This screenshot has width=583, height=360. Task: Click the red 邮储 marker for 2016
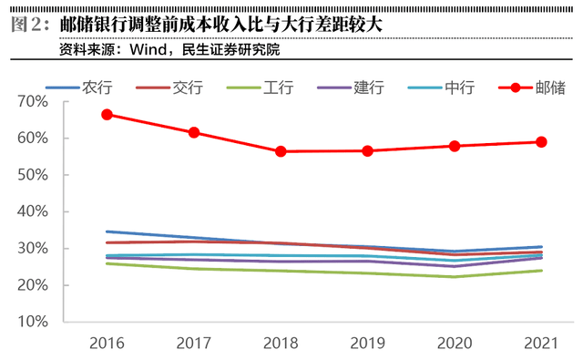click(107, 115)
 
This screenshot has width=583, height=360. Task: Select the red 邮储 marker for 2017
click(194, 133)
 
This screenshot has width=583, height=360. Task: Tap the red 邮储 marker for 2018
click(281, 151)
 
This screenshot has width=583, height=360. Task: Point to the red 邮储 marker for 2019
click(368, 150)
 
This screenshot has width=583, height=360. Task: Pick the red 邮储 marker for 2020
click(455, 146)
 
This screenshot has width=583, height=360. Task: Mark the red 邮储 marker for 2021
click(541, 142)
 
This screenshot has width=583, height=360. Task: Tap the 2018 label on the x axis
click(281, 345)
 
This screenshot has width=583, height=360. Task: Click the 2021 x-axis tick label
click(541, 345)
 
